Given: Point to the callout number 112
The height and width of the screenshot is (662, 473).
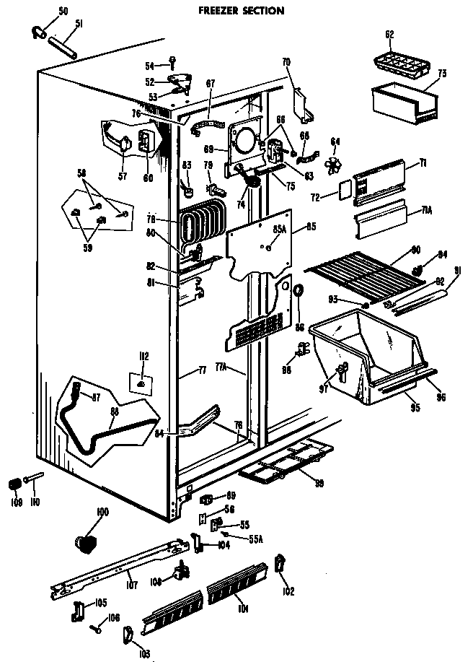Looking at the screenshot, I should point(143,356).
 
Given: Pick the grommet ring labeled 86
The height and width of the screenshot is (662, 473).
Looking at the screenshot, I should point(296,290).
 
